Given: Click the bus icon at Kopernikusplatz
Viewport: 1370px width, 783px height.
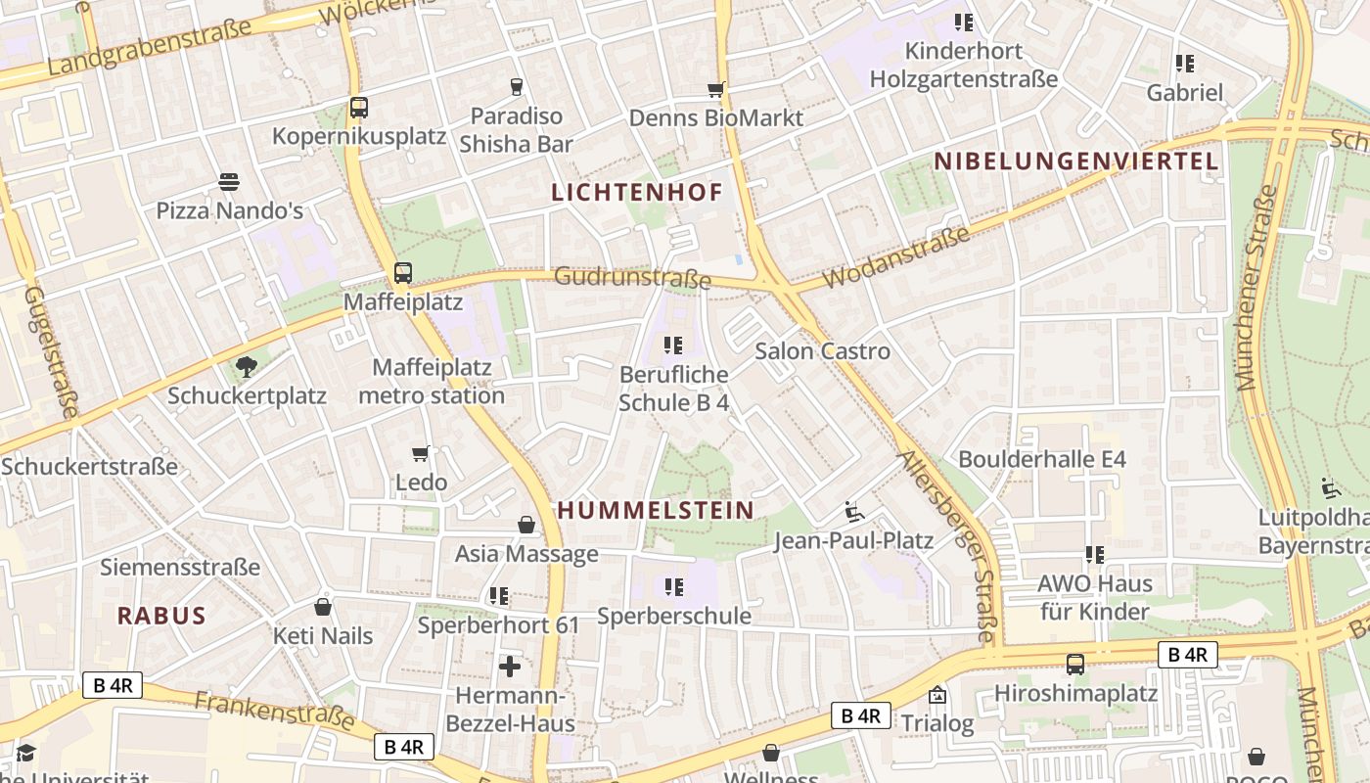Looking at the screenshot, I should pos(358,108).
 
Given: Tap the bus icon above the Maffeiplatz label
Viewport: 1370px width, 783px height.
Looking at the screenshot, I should pos(402,273).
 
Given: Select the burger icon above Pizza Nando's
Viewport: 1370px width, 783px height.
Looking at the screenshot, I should pos(229,181).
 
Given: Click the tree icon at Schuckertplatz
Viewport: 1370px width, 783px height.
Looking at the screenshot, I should pos(246,367).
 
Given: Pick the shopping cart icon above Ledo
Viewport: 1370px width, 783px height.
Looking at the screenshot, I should pos(421,453).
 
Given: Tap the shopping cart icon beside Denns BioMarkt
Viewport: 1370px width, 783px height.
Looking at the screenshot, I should pos(715,90).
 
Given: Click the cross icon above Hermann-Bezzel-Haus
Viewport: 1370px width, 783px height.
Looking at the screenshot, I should pos(510,667).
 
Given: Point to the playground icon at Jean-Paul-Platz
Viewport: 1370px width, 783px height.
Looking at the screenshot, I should pos(854,511).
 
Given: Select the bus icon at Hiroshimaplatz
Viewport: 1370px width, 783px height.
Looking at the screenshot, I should pos(1074,665).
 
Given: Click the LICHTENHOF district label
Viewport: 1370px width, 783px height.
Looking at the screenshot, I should pos(636,192).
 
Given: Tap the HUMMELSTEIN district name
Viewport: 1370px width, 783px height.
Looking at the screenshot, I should pos(657,510).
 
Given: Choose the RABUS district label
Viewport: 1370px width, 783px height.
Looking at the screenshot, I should pos(161,616).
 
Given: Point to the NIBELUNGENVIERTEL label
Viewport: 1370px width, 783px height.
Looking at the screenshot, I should pos(1076,161).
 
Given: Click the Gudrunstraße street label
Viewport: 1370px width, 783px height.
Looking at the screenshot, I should pos(632,278).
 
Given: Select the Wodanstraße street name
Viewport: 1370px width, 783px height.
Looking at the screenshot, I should pos(895,257).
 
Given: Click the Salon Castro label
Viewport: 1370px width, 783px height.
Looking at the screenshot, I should pos(823,351).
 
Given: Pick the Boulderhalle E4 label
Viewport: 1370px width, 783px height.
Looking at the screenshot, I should pos(1042,459).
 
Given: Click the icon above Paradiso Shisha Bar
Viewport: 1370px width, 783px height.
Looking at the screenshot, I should pos(517,87).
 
